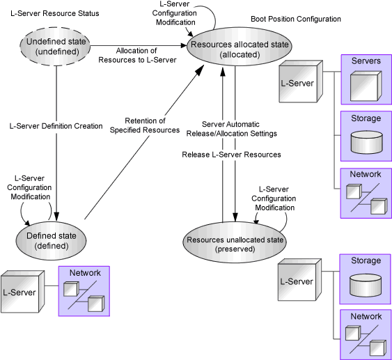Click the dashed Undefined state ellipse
[x=55, y=47]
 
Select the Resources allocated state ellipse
[x=240, y=47]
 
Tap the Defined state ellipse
[x=52, y=241]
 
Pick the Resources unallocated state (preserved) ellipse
[x=235, y=242]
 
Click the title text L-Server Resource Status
[x=55, y=13]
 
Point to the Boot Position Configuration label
[x=296, y=19]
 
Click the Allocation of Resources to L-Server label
[x=137, y=55]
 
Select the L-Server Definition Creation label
[x=56, y=126]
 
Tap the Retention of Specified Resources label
[x=145, y=125]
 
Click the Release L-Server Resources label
[x=231, y=155]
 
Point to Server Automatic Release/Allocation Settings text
[x=231, y=129]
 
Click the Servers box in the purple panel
[x=366, y=79]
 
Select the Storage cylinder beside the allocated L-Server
[x=367, y=142]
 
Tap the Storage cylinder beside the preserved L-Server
[x=366, y=285]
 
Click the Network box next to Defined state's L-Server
[x=84, y=291]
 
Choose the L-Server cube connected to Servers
[x=301, y=81]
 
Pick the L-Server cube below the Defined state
[x=22, y=292]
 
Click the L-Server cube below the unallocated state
[x=299, y=280]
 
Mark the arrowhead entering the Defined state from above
[x=56, y=217]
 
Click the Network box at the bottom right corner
[x=366, y=334]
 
